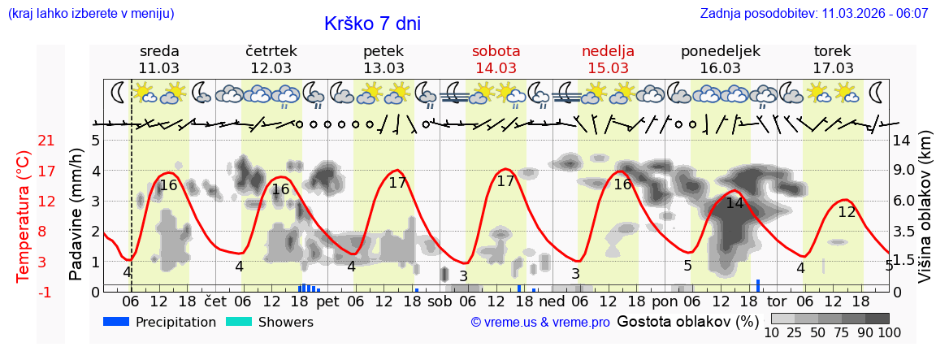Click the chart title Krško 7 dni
coord(372,24)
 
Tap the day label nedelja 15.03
coord(608,59)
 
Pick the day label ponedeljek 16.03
coord(720,59)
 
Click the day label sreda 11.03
coord(159,59)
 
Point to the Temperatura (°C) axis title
coord(24,216)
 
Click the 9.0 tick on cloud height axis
coord(905,171)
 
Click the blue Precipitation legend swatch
coord(117,322)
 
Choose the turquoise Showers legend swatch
coord(238,322)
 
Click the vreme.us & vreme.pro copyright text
coord(540,323)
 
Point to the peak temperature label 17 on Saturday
coord(505,181)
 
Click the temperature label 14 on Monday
coord(734,203)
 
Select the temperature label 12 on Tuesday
coord(847,212)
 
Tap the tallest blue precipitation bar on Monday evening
coord(758,285)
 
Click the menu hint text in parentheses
coord(90,14)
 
